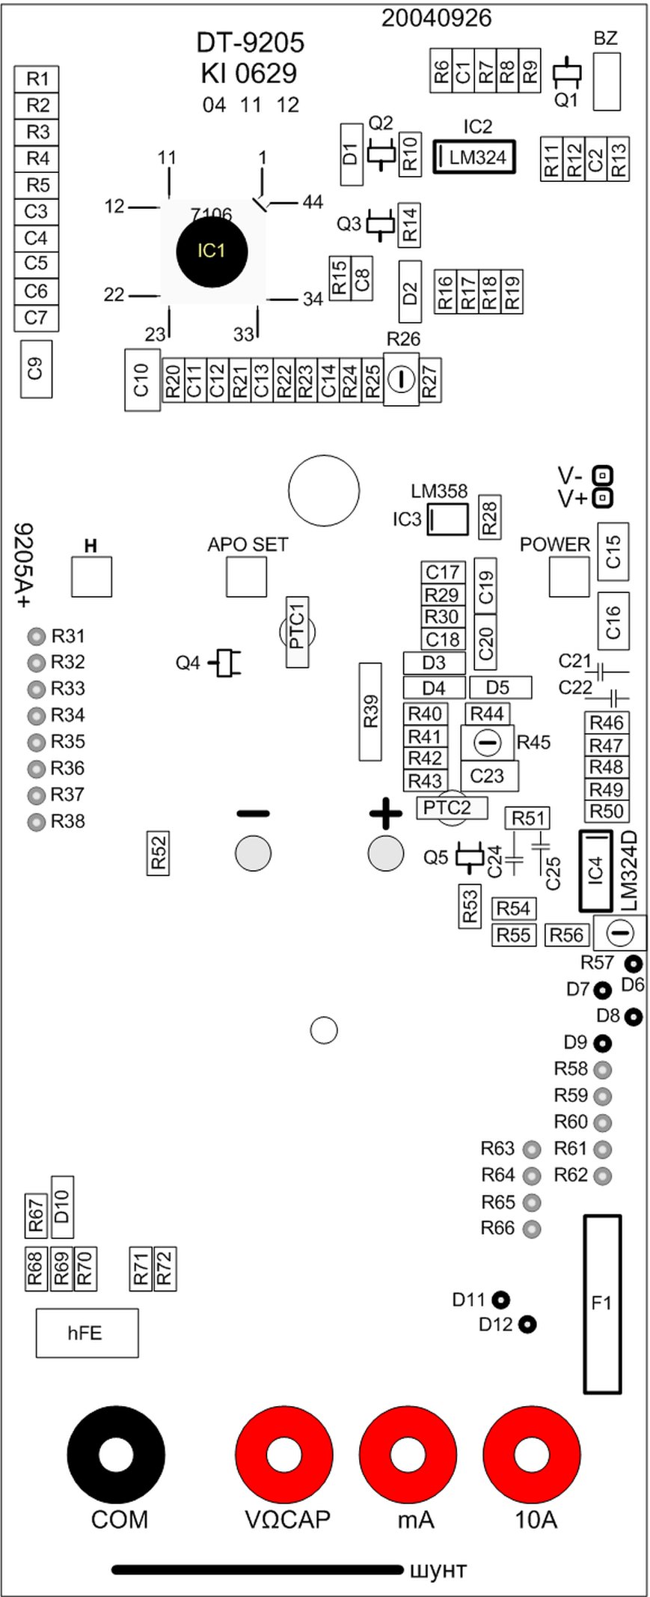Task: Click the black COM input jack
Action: [116, 1455]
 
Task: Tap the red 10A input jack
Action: [532, 1455]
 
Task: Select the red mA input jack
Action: [408, 1455]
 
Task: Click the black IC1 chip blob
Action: [212, 251]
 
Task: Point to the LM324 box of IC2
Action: [476, 157]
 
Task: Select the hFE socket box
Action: [87, 1333]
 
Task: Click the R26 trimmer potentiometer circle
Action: [401, 380]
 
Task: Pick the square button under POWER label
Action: [568, 577]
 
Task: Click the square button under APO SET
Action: [246, 577]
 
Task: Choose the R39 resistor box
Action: [371, 711]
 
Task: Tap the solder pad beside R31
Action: [36, 637]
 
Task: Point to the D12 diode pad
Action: [528, 1324]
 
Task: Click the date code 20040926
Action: [437, 18]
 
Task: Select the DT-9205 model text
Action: [251, 43]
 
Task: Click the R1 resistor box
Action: [37, 79]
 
